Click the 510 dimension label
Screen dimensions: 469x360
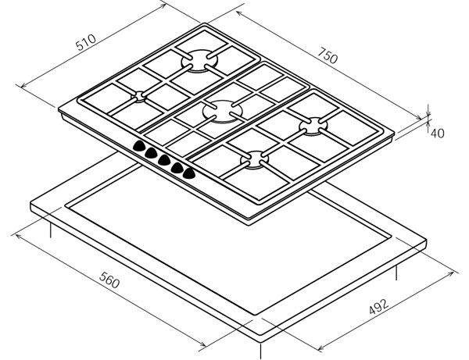[86, 42]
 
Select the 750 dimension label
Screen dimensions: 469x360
[328, 55]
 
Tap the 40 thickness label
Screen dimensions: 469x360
[437, 133]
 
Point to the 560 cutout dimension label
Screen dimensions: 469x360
[109, 280]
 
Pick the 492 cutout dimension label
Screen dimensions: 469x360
[379, 306]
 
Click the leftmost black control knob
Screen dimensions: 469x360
[139, 145]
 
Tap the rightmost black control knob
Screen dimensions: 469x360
[189, 173]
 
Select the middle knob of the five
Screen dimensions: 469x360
[164, 160]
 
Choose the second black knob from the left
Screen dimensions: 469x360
[152, 152]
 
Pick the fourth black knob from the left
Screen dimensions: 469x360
[177, 168]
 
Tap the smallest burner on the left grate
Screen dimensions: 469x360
[139, 97]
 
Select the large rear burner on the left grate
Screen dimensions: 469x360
[199, 61]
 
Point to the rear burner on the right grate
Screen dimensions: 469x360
[313, 127]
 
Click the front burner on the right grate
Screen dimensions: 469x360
[255, 160]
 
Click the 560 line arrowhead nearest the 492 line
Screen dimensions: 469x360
[202, 344]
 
